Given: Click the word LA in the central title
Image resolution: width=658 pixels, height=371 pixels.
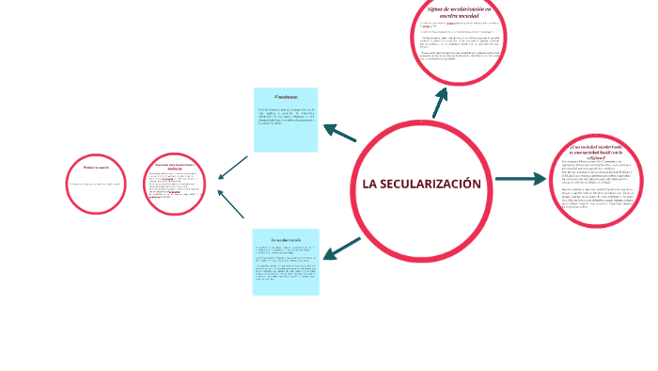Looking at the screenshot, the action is (x=369, y=184).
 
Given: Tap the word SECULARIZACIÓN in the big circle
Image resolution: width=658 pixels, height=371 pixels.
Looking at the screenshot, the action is (x=430, y=184).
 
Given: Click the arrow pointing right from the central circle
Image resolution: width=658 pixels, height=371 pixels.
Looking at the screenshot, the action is (x=520, y=178).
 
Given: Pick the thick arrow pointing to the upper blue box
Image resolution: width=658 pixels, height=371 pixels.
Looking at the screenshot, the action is (x=339, y=133).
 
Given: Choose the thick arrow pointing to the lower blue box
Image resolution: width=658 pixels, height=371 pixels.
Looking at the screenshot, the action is (x=341, y=249).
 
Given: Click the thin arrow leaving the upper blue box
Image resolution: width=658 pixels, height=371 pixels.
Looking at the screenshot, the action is (x=232, y=168).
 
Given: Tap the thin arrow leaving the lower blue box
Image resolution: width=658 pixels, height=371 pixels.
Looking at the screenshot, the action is (x=231, y=204).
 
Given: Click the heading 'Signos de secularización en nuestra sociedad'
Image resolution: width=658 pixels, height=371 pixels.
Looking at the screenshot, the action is (x=459, y=10).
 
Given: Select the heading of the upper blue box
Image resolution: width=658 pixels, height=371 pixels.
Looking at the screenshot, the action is (x=285, y=97).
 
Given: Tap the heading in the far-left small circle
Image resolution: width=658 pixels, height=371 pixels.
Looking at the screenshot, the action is (x=96, y=168).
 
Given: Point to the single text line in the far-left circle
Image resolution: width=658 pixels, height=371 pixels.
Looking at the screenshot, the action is (x=96, y=184).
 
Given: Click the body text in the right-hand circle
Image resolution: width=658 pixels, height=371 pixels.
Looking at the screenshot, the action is (x=597, y=188).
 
